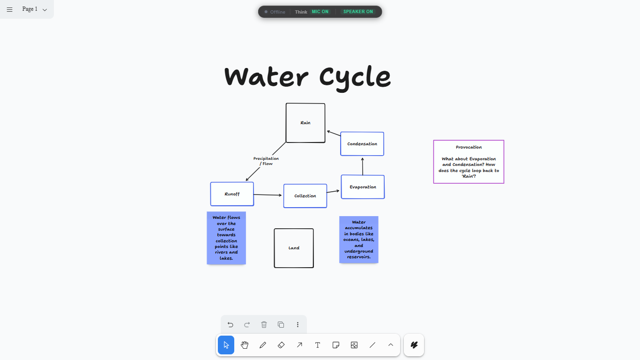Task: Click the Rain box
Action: tap(305, 123)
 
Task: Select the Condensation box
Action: tap(362, 144)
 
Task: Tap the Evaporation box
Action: tap(363, 187)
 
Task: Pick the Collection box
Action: tap(305, 196)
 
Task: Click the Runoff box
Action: tap(232, 194)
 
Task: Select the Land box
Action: tap(294, 248)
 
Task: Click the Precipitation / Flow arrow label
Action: tap(266, 161)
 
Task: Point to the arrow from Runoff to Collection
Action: tap(268, 195)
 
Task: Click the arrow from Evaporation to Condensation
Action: tap(363, 166)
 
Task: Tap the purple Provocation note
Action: tap(469, 162)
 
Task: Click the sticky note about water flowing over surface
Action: tap(226, 238)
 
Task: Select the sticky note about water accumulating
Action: tap(359, 240)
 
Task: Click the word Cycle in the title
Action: tap(355, 77)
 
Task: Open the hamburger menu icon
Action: tap(10, 10)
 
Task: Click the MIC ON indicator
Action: tap(320, 12)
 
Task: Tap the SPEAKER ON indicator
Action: tap(358, 12)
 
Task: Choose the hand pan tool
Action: tap(245, 345)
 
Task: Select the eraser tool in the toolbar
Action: tap(281, 345)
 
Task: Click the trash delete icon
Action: tap(264, 324)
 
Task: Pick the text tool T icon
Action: tap(318, 345)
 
